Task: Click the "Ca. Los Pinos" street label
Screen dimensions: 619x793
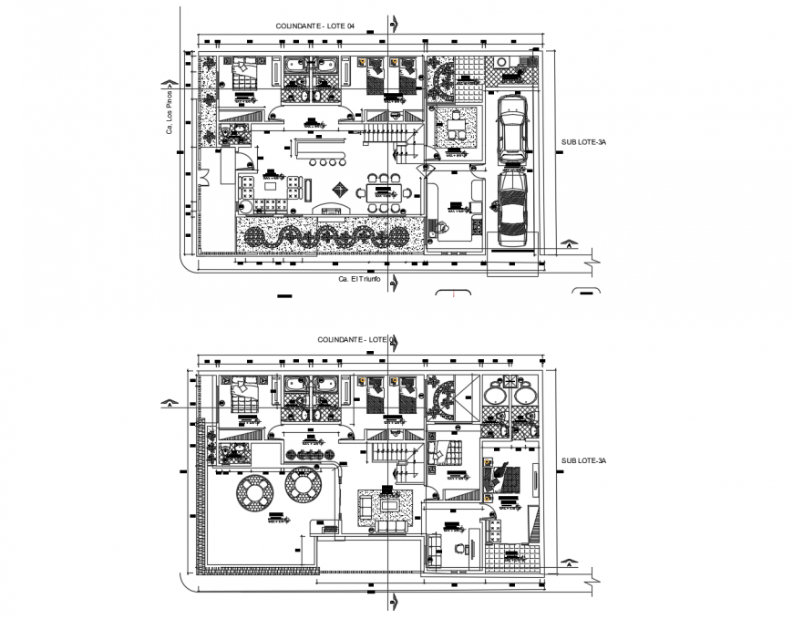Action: point(169,108)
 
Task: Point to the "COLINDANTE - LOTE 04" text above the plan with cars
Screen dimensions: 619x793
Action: point(314,27)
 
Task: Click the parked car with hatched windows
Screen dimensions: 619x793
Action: point(512,210)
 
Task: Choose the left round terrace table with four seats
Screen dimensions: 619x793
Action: point(252,492)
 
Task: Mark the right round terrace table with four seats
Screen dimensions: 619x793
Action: point(301,485)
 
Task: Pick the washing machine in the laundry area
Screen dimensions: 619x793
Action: point(515,63)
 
